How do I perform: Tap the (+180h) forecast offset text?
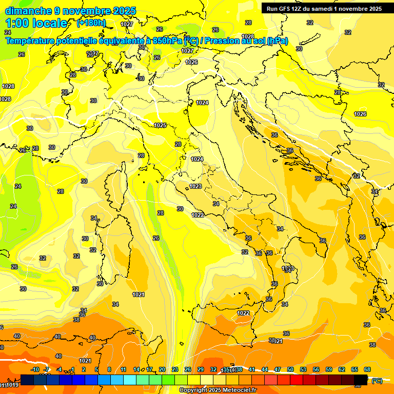pyautogui.click(x=91, y=23)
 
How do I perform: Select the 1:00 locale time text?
pyautogui.click(x=36, y=23)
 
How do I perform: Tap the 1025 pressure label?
pyautogui.click(x=160, y=125)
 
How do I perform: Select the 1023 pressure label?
pyautogui.click(x=195, y=186)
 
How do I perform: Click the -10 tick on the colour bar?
pyautogui.click(x=35, y=369)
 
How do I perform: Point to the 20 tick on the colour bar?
pyautogui.click(x=162, y=369)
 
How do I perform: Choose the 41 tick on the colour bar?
pyautogui.click(x=252, y=369)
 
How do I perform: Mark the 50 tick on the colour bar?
pyautogui.click(x=290, y=369)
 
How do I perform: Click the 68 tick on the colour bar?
pyautogui.click(x=367, y=369)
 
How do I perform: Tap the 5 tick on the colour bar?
pyautogui.click(x=97, y=369)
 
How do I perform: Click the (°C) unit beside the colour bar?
pyautogui.click(x=377, y=381)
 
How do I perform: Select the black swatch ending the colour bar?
pyautogui.click(x=361, y=380)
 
